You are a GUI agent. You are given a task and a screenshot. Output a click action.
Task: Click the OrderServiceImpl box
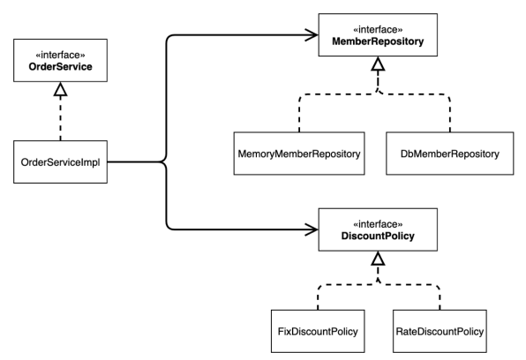60,161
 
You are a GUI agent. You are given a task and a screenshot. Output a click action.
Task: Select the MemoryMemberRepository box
299,154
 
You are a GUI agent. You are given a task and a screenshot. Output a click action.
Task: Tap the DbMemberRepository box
449,154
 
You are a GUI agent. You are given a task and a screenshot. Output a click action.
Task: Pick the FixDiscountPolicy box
318,331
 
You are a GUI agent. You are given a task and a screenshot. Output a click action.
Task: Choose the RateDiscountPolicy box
440,331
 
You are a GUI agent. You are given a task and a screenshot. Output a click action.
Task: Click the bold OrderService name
60,66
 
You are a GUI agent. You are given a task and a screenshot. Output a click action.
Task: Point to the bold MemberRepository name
378,41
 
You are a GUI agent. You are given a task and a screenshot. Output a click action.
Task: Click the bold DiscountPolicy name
378,236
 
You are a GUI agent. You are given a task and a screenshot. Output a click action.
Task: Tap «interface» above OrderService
60,55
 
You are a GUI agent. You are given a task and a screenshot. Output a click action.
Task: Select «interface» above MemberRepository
378,29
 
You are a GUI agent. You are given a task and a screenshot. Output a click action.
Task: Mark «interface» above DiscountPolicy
378,224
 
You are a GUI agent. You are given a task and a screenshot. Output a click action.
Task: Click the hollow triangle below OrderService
60,89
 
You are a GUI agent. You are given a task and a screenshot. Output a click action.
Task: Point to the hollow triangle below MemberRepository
378,64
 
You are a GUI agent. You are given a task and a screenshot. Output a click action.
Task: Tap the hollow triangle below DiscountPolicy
378,259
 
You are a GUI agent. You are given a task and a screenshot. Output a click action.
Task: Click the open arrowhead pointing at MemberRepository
312,34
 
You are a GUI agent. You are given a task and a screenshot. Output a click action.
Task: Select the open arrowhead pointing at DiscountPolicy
312,229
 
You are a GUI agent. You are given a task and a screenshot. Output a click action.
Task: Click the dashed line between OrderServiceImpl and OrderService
60,118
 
